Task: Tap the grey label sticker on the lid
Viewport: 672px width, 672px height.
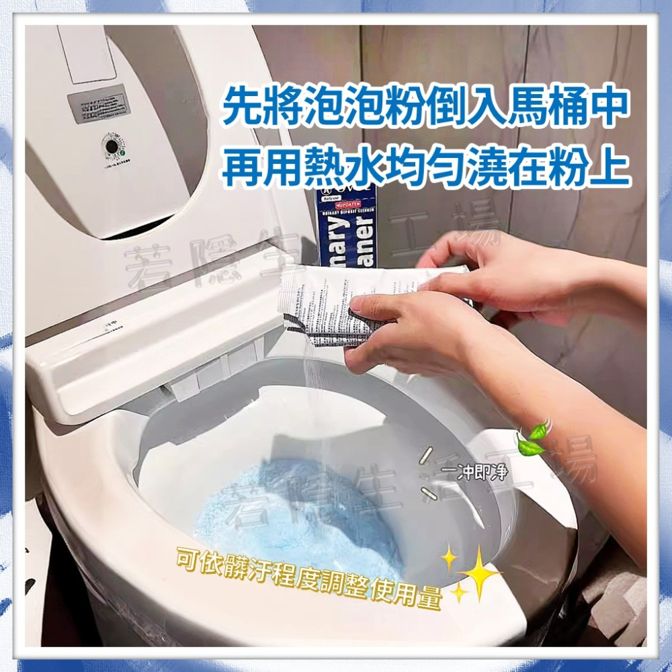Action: (98, 104)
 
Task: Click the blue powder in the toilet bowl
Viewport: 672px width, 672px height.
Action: (296, 511)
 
